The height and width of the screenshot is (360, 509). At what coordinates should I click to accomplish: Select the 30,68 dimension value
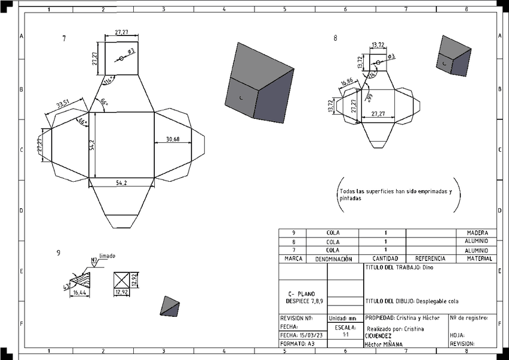(172, 139)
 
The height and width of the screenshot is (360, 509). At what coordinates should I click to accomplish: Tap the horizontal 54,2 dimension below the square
(121, 183)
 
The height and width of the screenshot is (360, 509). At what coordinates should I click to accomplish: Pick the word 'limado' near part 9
(107, 256)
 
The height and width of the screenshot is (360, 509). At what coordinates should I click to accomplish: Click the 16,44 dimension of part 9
(79, 293)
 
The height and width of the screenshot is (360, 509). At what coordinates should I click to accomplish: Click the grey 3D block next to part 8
(454, 55)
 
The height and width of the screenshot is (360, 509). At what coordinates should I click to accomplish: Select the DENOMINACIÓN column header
(333, 259)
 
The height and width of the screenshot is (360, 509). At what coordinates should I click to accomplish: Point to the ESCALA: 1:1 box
(345, 331)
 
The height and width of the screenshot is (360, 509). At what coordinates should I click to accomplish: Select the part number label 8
(336, 38)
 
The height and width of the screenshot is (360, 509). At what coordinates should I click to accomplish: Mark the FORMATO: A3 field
(298, 344)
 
